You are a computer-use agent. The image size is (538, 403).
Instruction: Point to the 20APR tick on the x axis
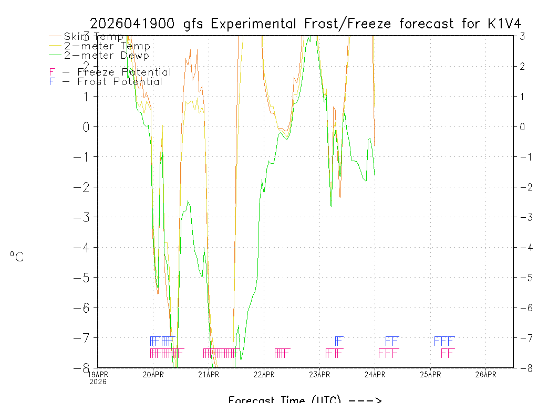click(153, 375)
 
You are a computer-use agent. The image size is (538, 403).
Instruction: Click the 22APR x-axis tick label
click(264, 375)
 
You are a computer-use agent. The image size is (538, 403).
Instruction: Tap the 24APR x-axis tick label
click(375, 375)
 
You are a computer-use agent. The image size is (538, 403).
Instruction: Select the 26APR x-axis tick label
click(485, 375)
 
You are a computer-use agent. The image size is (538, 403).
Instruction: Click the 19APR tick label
click(98, 375)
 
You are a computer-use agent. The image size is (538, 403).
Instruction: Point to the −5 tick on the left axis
click(86, 277)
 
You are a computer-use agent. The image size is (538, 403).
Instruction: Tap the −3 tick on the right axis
click(525, 217)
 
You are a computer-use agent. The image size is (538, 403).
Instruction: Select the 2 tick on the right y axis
click(522, 66)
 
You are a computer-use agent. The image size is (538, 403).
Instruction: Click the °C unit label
click(17, 257)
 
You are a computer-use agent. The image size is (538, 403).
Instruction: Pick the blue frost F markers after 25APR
click(444, 341)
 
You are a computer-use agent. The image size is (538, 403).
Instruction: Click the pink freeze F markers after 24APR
click(389, 353)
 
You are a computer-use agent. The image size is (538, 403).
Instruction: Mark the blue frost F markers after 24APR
click(392, 341)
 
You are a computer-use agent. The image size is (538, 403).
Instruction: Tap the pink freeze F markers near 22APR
click(282, 353)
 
